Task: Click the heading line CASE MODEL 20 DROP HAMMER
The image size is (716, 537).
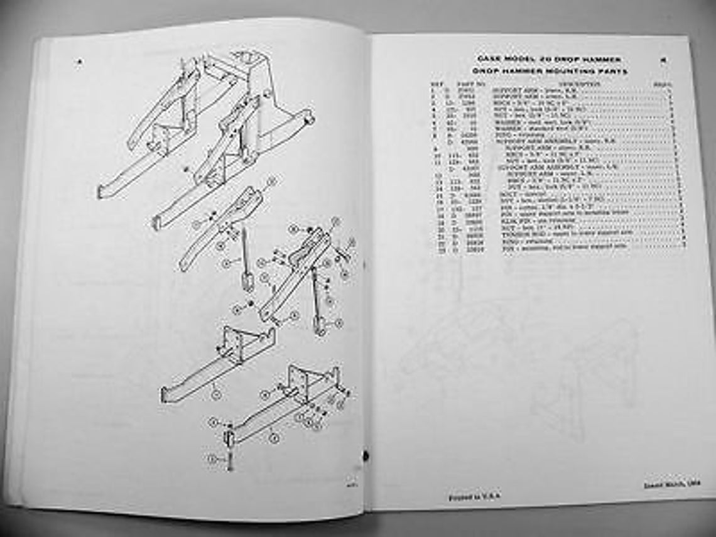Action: (550, 59)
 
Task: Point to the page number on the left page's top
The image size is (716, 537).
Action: (79, 61)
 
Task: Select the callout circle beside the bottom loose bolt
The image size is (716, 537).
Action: (212, 460)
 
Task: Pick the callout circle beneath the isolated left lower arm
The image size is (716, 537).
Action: (215, 394)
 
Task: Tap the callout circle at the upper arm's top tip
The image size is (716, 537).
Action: (271, 182)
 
